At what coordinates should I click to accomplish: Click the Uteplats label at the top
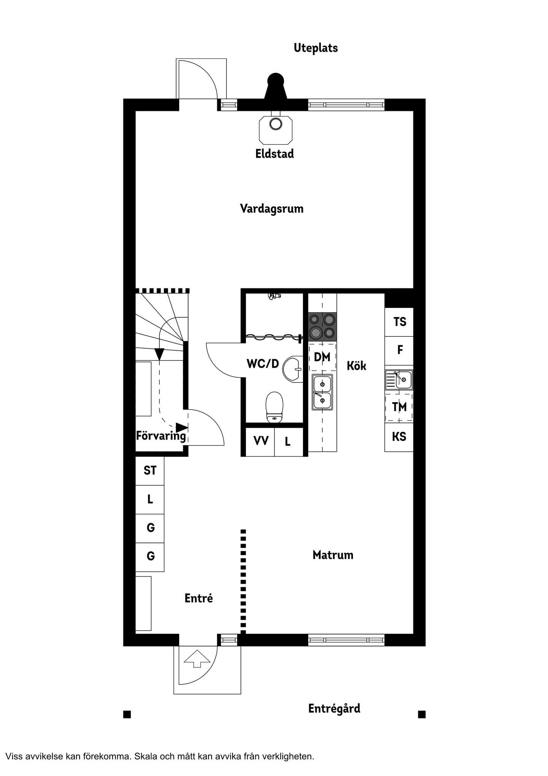coord(315,48)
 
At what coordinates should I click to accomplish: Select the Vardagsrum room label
coord(272,209)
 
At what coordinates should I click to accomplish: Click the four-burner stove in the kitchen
coord(322,326)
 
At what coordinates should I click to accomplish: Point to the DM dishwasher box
coord(322,357)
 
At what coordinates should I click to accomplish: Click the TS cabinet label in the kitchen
coord(400,322)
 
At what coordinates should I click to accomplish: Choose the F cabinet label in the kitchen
coord(400,350)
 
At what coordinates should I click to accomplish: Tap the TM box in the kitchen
coord(399,407)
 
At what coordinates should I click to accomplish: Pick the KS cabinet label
coord(399,437)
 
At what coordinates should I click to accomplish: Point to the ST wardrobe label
coord(150,471)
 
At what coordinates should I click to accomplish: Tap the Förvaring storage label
coord(161,435)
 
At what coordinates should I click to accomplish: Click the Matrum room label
coord(333,555)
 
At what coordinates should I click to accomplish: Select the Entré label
coord(199,598)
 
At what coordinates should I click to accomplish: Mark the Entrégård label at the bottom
coord(334,709)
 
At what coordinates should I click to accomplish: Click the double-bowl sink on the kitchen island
coord(322,392)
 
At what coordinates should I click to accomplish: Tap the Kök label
coord(356,366)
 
